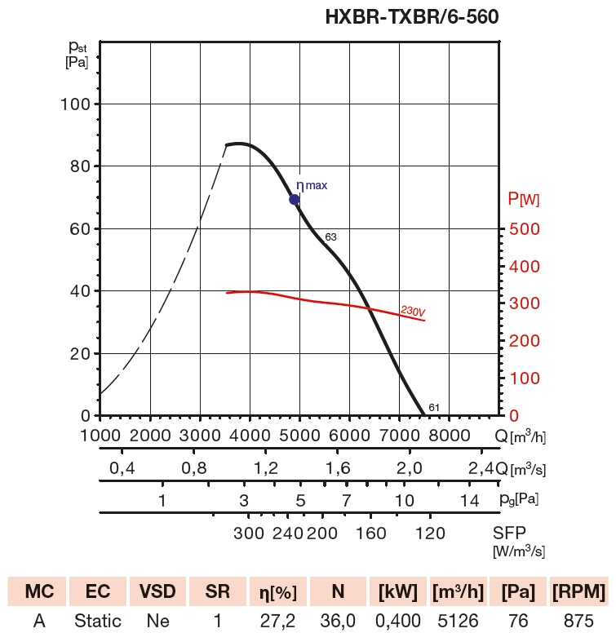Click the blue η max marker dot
pos(295,199)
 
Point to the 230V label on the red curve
pos(414,311)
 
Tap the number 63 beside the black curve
pos(330,237)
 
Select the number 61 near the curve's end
pos(434,408)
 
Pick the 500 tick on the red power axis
pos(524,229)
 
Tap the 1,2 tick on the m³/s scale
pos(266,468)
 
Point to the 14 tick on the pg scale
pos(469,500)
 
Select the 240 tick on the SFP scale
pos(288,533)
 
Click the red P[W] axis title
pos(523,198)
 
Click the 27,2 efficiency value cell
pos(277,621)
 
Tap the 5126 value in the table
pos(459,621)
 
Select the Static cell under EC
pos(97,621)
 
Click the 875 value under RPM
pos(578,621)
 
